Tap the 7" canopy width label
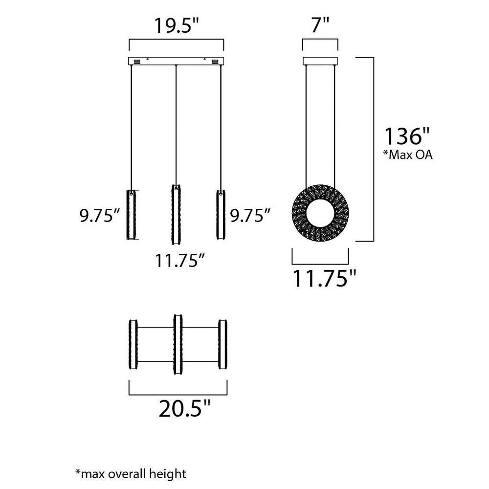(x=320, y=25)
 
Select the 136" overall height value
(x=407, y=136)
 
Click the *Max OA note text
(x=407, y=155)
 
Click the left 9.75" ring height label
(x=100, y=215)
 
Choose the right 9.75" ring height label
(x=250, y=215)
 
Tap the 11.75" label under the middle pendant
(x=180, y=261)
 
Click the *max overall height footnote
(x=131, y=474)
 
